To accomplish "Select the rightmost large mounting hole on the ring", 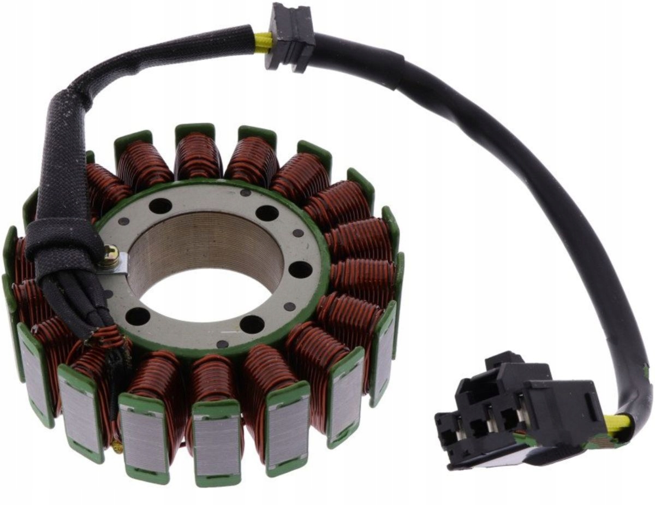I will coord(300,269).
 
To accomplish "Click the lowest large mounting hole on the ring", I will coord(252,324).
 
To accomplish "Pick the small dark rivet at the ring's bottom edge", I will coord(223,344).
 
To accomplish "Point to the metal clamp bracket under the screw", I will coord(119,265).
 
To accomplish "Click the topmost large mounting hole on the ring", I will coord(160,206).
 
